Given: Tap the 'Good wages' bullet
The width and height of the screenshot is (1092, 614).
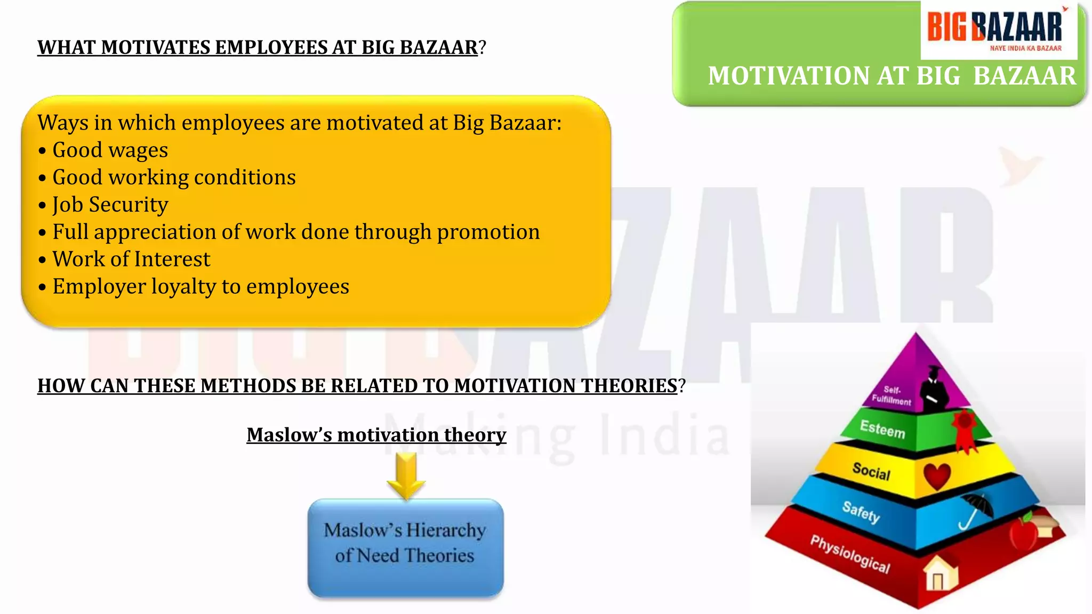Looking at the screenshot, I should point(110,150).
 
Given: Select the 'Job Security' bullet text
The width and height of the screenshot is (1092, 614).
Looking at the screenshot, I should point(110,205).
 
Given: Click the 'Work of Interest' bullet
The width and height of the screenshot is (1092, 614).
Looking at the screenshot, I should point(131,259).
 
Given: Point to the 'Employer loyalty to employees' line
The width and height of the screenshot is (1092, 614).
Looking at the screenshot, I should point(200,287).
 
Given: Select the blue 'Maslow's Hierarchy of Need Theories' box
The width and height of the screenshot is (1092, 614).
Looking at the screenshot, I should point(405,547).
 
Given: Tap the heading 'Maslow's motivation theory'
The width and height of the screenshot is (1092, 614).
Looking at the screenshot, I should point(376,435).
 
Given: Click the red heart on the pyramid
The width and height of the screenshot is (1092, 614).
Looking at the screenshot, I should point(937,475).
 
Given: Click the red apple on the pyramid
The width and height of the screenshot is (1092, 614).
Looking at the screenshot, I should point(1023,532).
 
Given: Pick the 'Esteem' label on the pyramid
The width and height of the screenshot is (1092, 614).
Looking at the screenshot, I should point(882,429).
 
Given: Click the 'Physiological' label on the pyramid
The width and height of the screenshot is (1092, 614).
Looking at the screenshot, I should point(850,554).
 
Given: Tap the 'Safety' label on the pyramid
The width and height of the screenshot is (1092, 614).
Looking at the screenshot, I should point(861,512).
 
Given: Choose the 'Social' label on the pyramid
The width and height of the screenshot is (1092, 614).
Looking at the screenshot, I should point(871,471).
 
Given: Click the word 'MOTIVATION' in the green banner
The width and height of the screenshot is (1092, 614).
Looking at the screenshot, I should point(789,76).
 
